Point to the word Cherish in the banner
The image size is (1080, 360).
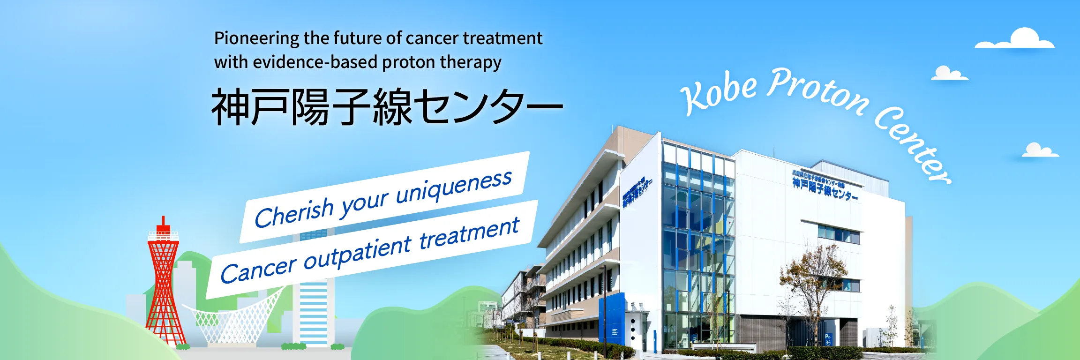tap(294, 213)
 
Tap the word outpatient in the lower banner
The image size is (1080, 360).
tap(357, 253)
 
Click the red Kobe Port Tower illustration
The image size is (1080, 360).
tap(164, 286)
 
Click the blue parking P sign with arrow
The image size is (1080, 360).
tap(828, 339)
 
